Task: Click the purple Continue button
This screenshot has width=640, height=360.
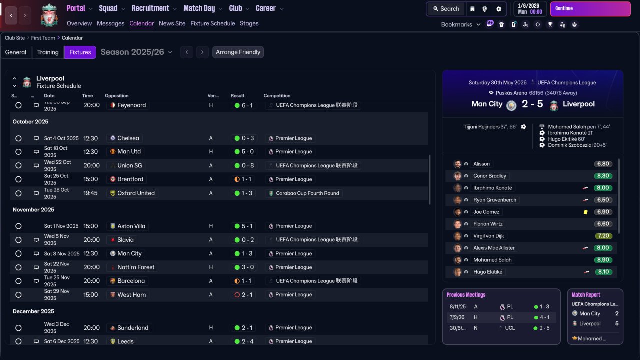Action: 590,9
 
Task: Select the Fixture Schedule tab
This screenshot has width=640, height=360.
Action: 212,23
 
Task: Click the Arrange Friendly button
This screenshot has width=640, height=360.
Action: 238,52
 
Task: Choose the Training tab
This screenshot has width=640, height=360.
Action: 48,52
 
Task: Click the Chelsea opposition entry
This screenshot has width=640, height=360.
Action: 128,138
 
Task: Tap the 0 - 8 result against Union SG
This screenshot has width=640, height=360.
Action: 247,165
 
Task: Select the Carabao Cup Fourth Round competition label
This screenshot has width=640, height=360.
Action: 307,193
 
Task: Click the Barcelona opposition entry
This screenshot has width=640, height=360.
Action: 131,281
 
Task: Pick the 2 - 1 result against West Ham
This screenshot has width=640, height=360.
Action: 247,295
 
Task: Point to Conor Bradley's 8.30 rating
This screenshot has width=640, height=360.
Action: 603,176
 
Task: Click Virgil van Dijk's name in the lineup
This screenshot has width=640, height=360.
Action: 488,236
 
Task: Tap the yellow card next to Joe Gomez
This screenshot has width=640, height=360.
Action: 585,212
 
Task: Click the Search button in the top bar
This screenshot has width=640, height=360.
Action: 446,9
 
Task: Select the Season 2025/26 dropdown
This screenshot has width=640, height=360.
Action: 136,52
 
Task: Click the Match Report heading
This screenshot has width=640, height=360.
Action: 586,295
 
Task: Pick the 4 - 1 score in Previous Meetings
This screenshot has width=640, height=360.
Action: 544,317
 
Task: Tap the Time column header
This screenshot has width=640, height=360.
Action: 87,96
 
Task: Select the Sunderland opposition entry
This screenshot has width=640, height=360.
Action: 132,328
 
